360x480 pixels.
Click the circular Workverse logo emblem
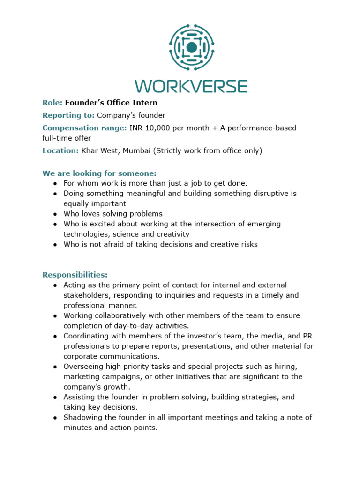click(x=191, y=47)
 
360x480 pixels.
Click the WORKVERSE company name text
click(x=191, y=86)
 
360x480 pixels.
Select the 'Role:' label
click(x=52, y=103)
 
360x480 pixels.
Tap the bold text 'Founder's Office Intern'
click(x=111, y=103)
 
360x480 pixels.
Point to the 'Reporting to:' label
click(x=68, y=115)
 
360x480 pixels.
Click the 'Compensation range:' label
click(x=84, y=128)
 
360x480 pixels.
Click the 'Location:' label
click(x=60, y=150)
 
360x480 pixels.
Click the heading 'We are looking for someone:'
click(x=99, y=173)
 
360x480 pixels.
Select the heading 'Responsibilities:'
click(x=75, y=275)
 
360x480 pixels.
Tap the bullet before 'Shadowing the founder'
click(x=55, y=418)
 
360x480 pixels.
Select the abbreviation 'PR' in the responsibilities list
click(x=307, y=336)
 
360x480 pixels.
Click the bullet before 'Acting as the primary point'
click(x=55, y=285)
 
